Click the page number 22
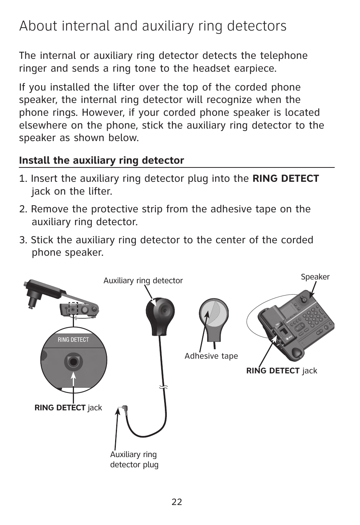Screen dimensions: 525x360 click(x=177, y=502)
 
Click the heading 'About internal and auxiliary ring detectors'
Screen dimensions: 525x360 click(x=152, y=26)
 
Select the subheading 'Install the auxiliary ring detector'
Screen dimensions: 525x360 click(x=102, y=160)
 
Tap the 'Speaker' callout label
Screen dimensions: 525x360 click(x=315, y=277)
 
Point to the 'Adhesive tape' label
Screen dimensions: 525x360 click(x=211, y=356)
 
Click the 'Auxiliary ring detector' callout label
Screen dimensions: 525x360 click(x=143, y=281)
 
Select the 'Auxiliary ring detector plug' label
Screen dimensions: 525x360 click(x=134, y=459)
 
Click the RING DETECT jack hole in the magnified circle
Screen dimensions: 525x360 click(x=74, y=362)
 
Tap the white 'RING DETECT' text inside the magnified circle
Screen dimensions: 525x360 click(x=73, y=340)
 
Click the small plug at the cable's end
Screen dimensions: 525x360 click(x=124, y=409)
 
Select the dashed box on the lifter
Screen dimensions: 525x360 click(x=73, y=309)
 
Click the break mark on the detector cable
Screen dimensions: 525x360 click(x=163, y=387)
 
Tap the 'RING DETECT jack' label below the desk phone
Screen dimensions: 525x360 click(x=282, y=371)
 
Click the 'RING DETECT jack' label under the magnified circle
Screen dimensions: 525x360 click(x=68, y=408)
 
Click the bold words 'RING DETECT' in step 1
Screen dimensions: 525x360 click(x=286, y=178)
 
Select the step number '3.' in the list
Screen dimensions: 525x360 click(x=23, y=240)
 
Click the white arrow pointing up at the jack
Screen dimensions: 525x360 click(x=74, y=381)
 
